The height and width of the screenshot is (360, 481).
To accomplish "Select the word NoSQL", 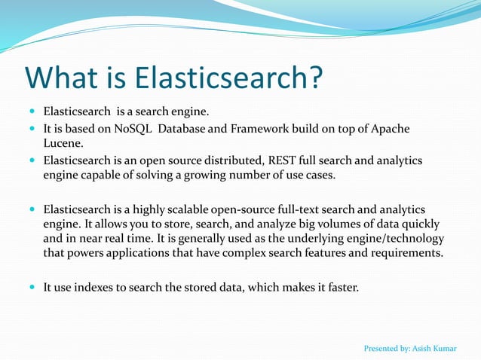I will [x=133, y=128].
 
